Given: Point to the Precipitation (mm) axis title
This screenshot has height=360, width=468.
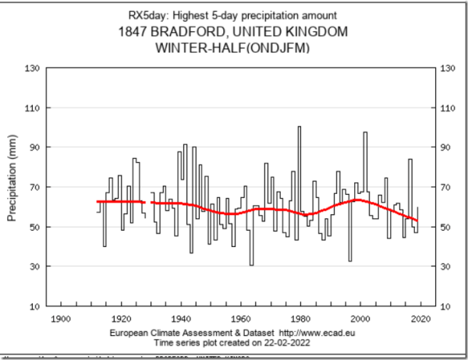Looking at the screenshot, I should [12, 186].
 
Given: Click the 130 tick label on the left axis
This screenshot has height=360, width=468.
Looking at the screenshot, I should [34, 68].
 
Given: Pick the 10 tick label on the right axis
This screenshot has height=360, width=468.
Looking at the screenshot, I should [447, 306].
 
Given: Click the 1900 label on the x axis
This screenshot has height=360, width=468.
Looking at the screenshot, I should [60, 319].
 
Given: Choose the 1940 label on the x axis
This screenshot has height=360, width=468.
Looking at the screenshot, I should [181, 319].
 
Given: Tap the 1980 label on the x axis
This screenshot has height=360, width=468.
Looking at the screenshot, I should [301, 319].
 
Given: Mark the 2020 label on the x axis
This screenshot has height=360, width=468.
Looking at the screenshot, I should [421, 319].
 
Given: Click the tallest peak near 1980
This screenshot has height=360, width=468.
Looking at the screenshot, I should [299, 127].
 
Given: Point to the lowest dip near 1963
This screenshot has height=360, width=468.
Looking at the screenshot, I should [251, 264].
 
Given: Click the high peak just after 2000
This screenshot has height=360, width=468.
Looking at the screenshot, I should [364, 133].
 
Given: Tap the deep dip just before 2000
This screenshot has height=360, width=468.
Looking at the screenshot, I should [350, 260].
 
